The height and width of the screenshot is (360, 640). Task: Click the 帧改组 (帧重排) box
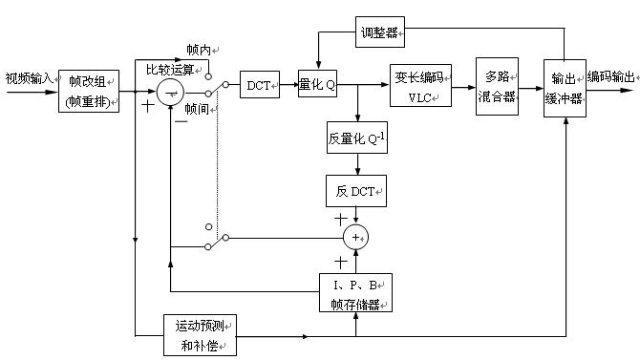(89, 92)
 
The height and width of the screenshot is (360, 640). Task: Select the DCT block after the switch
(259, 86)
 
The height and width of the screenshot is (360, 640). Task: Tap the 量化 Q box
(317, 86)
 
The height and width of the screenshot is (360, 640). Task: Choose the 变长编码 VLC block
(420, 85)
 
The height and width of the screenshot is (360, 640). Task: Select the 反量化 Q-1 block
(356, 138)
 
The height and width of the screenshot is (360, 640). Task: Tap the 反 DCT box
(356, 191)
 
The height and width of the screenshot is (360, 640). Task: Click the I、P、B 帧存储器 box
(354, 294)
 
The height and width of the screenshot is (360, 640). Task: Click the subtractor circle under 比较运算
(171, 92)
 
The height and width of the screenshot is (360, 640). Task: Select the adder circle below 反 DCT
(355, 236)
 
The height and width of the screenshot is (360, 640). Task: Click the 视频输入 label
(29, 77)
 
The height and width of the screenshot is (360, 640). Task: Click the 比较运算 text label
(170, 70)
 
